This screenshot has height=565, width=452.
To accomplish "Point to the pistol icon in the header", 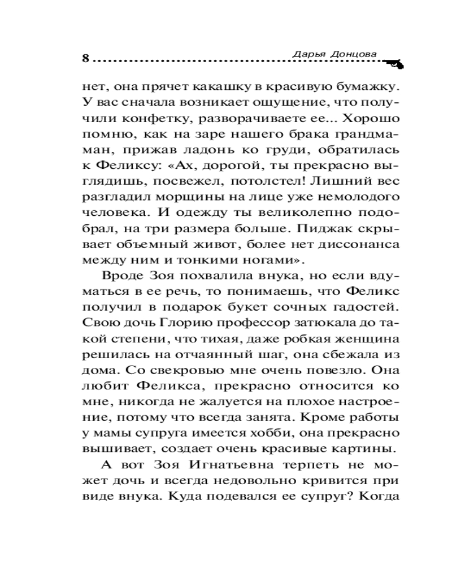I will pyautogui.click(x=393, y=64).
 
